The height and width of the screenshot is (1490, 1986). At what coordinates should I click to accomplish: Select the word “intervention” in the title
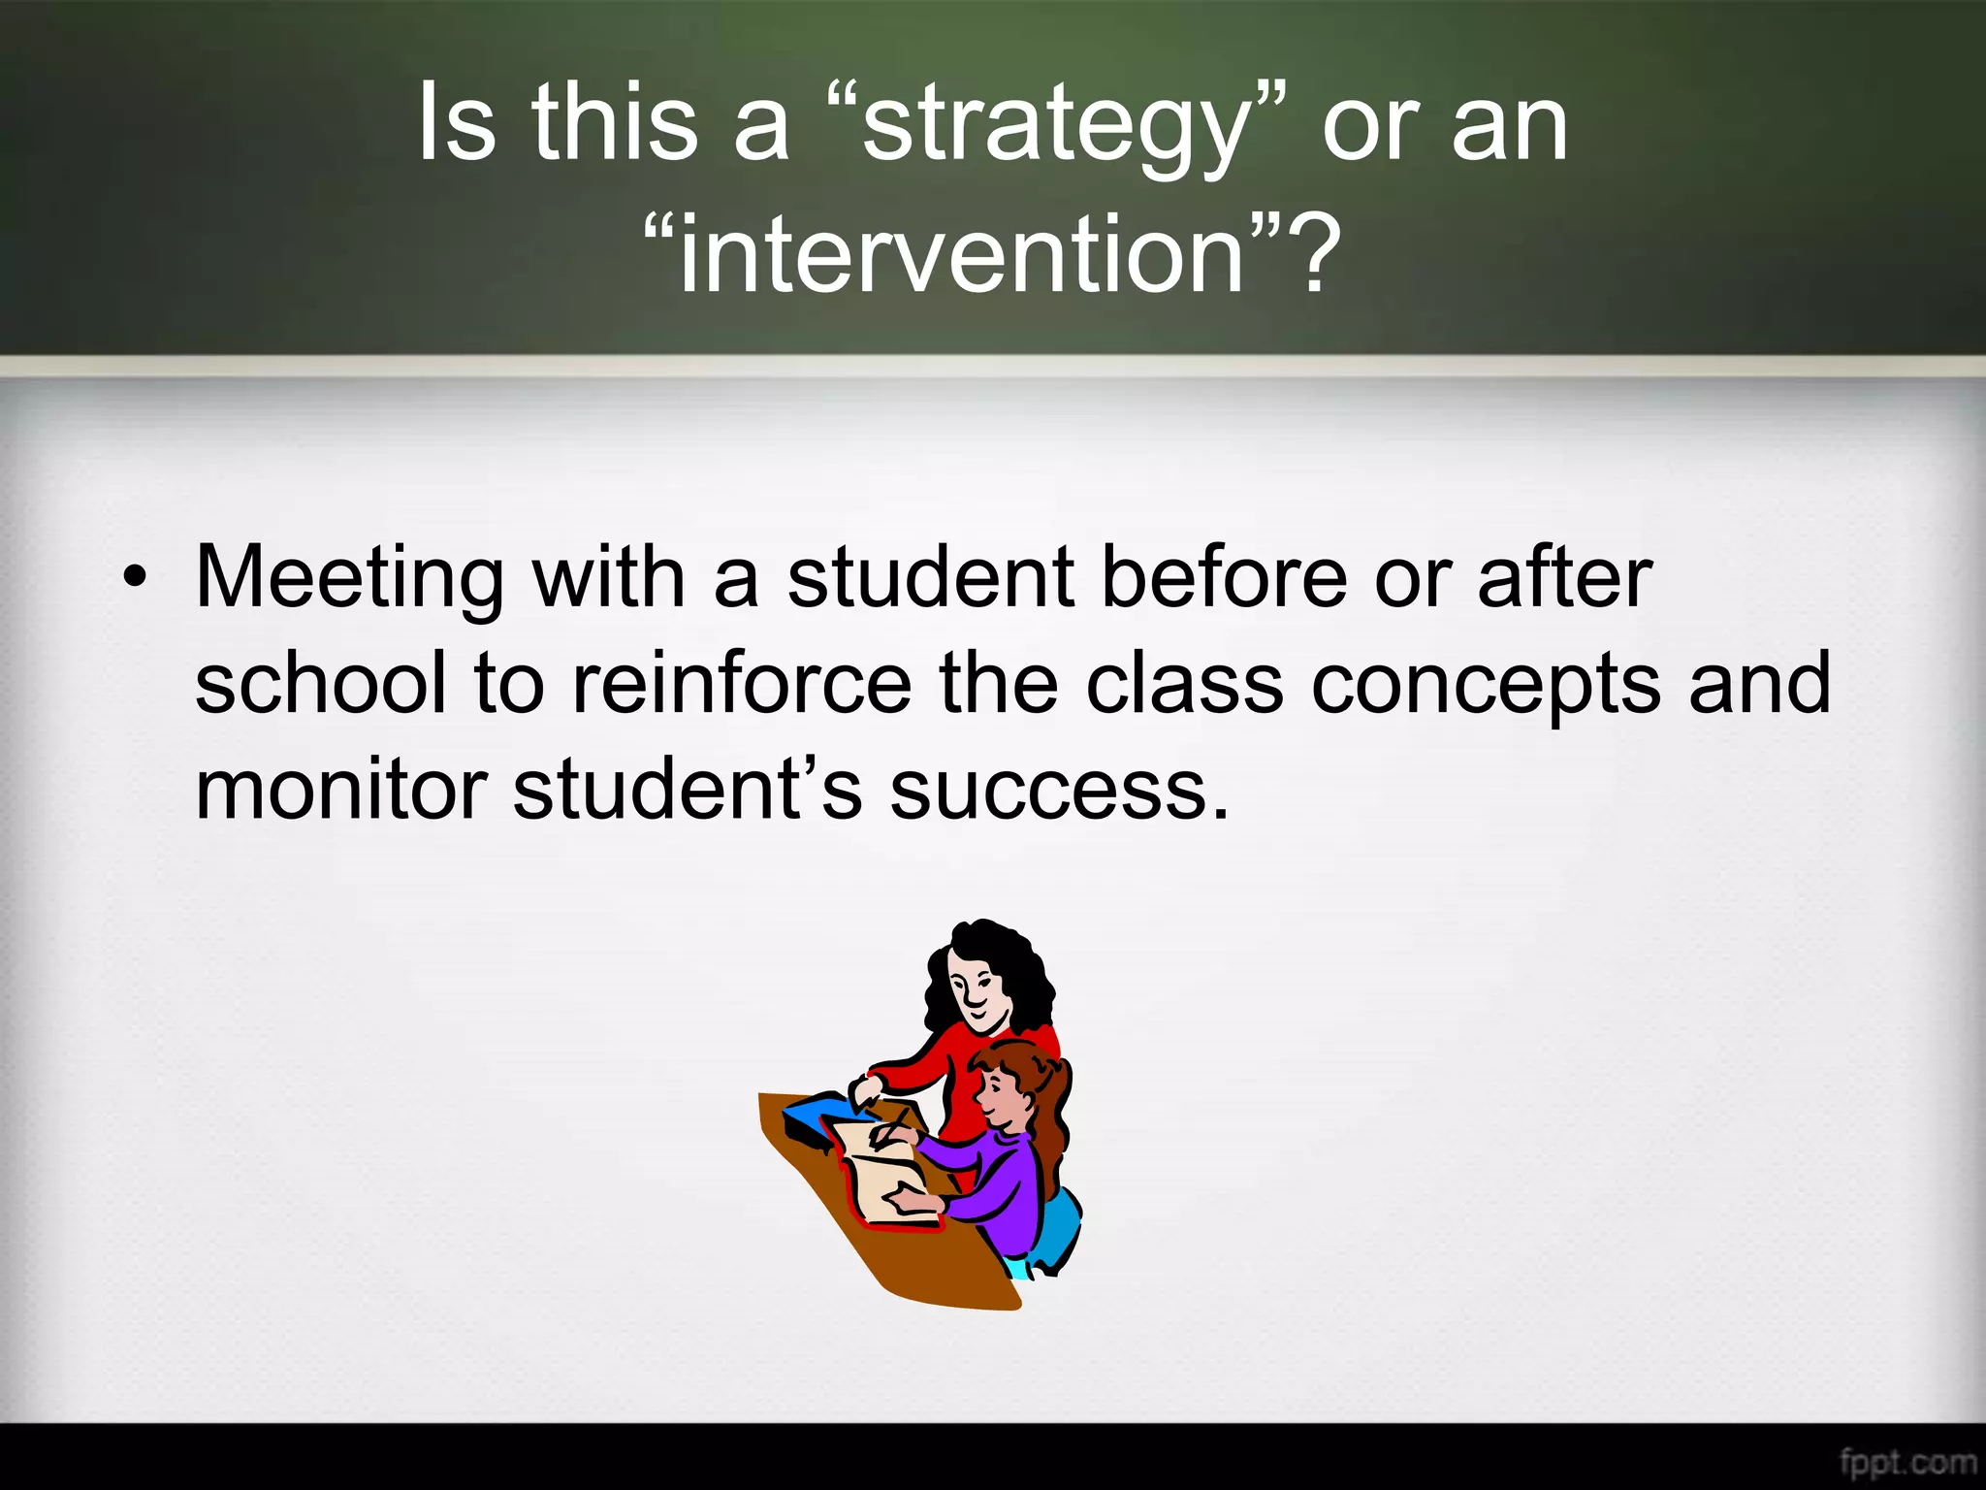[x=960, y=255]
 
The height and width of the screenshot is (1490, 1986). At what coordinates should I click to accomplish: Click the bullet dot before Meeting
[x=135, y=579]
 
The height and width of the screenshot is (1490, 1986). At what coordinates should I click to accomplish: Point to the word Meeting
[x=349, y=579]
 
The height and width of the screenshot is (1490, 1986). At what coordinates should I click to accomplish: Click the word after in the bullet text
[x=1563, y=579]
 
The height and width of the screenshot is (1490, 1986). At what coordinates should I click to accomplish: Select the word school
[x=321, y=684]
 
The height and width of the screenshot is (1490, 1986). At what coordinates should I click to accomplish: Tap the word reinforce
[x=742, y=684]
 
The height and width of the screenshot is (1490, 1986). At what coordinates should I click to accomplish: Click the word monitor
[x=340, y=790]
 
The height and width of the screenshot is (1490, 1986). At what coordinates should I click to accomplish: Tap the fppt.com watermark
[x=1906, y=1461]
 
